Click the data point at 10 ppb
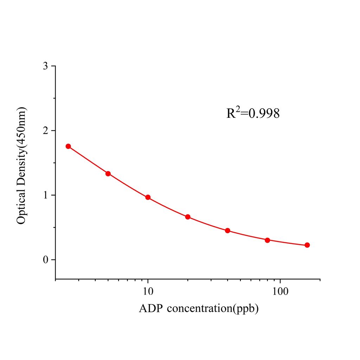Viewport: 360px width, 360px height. pos(148,197)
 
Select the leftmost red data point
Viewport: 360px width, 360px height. pos(68,146)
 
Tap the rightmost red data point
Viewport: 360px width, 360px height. pos(307,245)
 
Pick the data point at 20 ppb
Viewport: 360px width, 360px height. pos(188,217)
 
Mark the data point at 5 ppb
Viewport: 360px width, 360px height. pos(108,174)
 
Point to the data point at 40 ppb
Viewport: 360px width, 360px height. pos(227,231)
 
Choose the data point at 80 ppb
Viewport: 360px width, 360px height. pos(268,240)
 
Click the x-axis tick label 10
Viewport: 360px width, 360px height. pos(148,292)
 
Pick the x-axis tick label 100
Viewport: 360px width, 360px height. pos(280,292)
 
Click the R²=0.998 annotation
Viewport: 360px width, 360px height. pos(253,113)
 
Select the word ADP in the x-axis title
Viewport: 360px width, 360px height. pos(151,309)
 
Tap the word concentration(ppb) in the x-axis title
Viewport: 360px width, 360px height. pos(213,309)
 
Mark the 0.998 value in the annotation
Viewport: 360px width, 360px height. pos(264,114)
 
